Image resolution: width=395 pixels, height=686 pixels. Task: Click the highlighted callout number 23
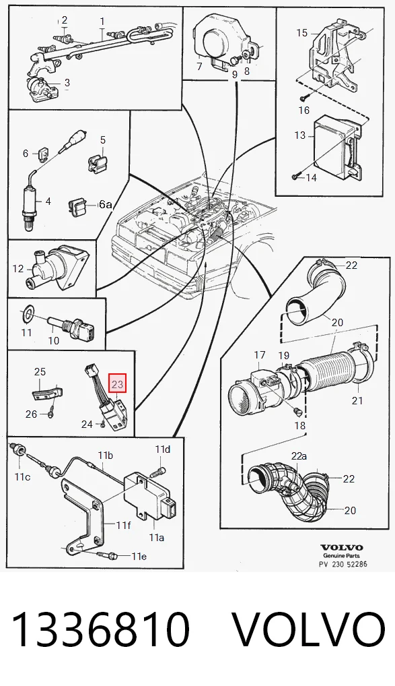pyautogui.click(x=118, y=385)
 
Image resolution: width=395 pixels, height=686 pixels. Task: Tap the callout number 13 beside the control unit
pyautogui.click(x=299, y=135)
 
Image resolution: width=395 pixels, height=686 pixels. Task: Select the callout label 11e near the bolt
pyautogui.click(x=139, y=556)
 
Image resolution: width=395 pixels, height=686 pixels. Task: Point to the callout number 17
pyautogui.click(x=260, y=354)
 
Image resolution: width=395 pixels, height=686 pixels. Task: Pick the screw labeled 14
pyautogui.click(x=295, y=176)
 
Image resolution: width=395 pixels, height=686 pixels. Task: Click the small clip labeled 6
pyautogui.click(x=44, y=154)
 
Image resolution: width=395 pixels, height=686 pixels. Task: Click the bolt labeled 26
pyautogui.click(x=50, y=412)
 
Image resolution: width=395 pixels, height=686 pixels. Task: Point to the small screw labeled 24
pyautogui.click(x=101, y=423)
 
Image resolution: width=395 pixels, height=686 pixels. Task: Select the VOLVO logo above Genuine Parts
pyautogui.click(x=342, y=547)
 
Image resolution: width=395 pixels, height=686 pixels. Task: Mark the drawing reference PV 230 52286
pyautogui.click(x=343, y=563)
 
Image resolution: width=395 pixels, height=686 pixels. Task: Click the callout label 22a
pyautogui.click(x=299, y=456)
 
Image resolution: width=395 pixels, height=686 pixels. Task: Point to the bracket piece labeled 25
pyautogui.click(x=48, y=391)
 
